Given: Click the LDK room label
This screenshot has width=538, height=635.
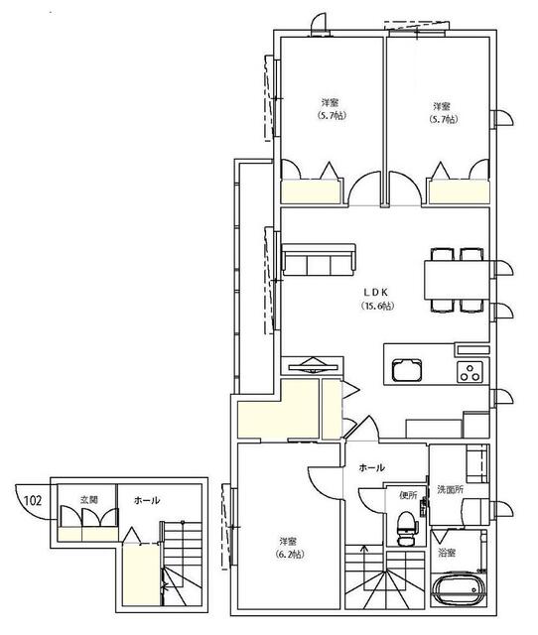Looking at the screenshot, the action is point(375,292).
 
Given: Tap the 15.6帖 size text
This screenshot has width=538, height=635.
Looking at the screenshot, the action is point(377,306).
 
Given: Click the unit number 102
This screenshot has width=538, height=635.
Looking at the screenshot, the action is point(33,500).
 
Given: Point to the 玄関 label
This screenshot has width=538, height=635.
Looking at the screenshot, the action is point(88,500).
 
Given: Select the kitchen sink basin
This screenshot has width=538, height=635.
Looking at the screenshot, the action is point(406,370).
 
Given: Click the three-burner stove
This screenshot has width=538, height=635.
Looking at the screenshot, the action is point(470,372).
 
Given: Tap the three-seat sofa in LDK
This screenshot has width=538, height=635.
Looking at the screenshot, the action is point(319,260).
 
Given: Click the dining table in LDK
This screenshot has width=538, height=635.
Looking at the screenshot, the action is point(457,280).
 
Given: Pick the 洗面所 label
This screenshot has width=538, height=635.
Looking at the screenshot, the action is point(450,489).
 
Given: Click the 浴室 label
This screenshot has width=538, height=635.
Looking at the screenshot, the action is point(447,553).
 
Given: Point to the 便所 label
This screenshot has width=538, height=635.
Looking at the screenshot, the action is point(408,495).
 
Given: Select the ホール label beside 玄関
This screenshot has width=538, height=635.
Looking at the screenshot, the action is point(147,500).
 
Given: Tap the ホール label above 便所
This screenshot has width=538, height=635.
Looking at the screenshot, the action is point(371,468).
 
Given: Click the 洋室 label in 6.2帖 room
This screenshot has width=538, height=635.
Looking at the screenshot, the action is point(288,541).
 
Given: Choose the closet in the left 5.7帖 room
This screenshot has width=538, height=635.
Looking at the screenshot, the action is point(311,191).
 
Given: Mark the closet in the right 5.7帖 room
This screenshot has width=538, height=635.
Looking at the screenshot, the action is point(459,191).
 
